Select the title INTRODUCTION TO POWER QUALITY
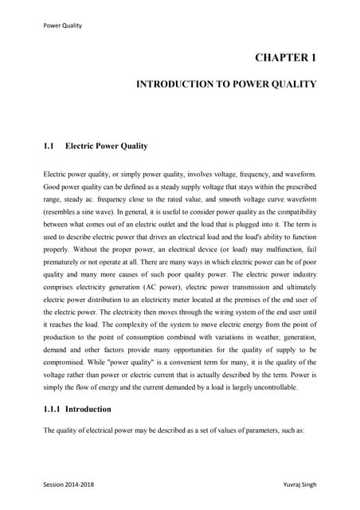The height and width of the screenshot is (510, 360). click(227, 84)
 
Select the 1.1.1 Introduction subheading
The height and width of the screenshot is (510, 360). click(77, 409)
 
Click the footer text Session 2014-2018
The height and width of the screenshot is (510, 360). click(72, 484)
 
